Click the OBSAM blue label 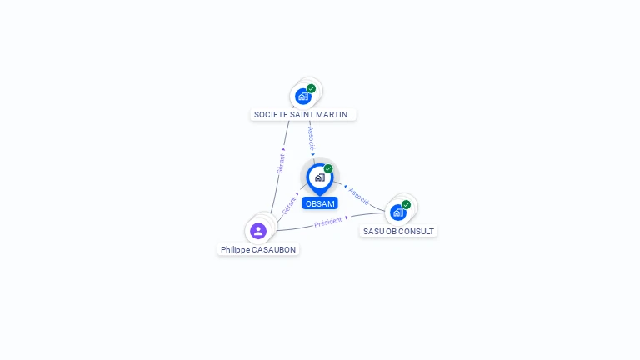(x=320, y=203)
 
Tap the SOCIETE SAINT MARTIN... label (x=303, y=115)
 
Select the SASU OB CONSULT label (x=398, y=232)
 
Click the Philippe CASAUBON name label (x=258, y=249)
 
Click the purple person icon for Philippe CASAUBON (x=258, y=231)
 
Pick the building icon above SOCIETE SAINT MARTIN (x=303, y=96)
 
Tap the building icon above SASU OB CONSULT (x=398, y=212)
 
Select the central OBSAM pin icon (x=319, y=177)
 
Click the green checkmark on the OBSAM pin (x=328, y=168)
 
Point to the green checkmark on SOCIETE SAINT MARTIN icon (x=311, y=88)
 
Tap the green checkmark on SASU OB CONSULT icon (x=406, y=204)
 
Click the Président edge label (x=328, y=222)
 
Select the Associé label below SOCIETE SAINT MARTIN (x=311, y=137)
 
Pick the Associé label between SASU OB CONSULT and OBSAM (x=359, y=196)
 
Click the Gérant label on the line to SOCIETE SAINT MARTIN (x=282, y=162)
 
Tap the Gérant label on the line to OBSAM (x=289, y=205)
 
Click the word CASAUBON (x=273, y=249)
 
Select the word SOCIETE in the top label (x=269, y=115)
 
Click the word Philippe (x=235, y=249)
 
